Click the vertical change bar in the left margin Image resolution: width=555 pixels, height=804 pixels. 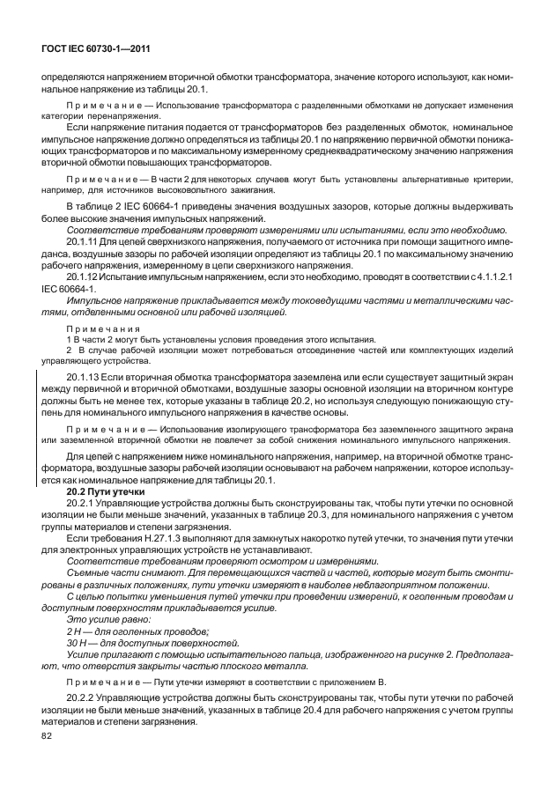36,429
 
